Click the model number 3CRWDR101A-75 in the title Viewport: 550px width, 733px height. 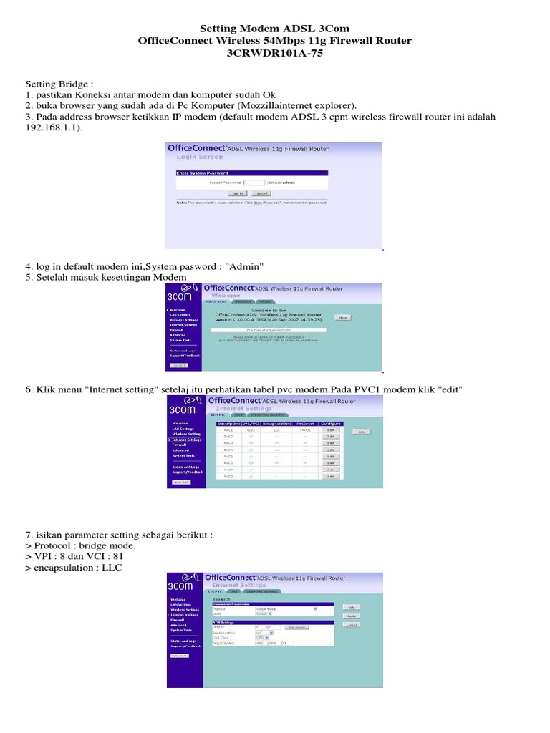coord(275,53)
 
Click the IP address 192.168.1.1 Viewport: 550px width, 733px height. coord(54,127)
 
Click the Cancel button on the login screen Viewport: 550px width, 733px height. coord(260,193)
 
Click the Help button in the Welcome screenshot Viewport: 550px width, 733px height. coord(342,317)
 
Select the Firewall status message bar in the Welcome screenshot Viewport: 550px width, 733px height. coord(265,330)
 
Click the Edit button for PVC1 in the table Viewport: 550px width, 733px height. coord(330,430)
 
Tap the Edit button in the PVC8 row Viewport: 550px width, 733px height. coord(330,476)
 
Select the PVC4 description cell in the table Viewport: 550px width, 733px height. coord(228,450)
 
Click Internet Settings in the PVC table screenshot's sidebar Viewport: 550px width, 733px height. coord(185,440)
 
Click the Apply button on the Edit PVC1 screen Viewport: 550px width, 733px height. coord(351,615)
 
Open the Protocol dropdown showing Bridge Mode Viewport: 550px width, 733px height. coord(286,609)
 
